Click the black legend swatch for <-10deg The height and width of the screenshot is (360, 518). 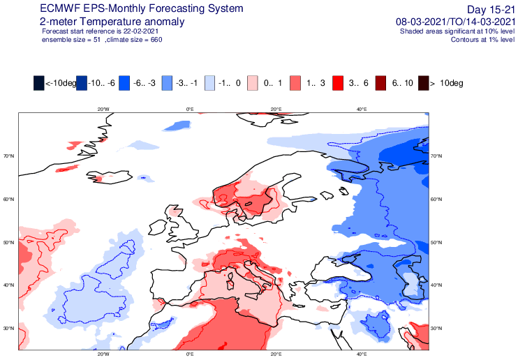point(39,83)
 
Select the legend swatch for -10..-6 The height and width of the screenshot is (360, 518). point(82,83)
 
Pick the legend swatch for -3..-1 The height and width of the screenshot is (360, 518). point(168,83)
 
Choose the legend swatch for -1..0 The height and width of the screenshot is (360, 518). point(210,83)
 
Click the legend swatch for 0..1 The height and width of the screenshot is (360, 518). point(253,83)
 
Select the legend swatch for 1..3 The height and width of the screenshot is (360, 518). point(296,83)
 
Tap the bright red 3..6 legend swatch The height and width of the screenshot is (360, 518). point(339,83)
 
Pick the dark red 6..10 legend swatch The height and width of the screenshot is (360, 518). point(381,83)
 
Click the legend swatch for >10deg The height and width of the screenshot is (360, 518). point(424,83)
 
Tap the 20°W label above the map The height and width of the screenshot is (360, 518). point(103,109)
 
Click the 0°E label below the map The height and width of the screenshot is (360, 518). point(190,355)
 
